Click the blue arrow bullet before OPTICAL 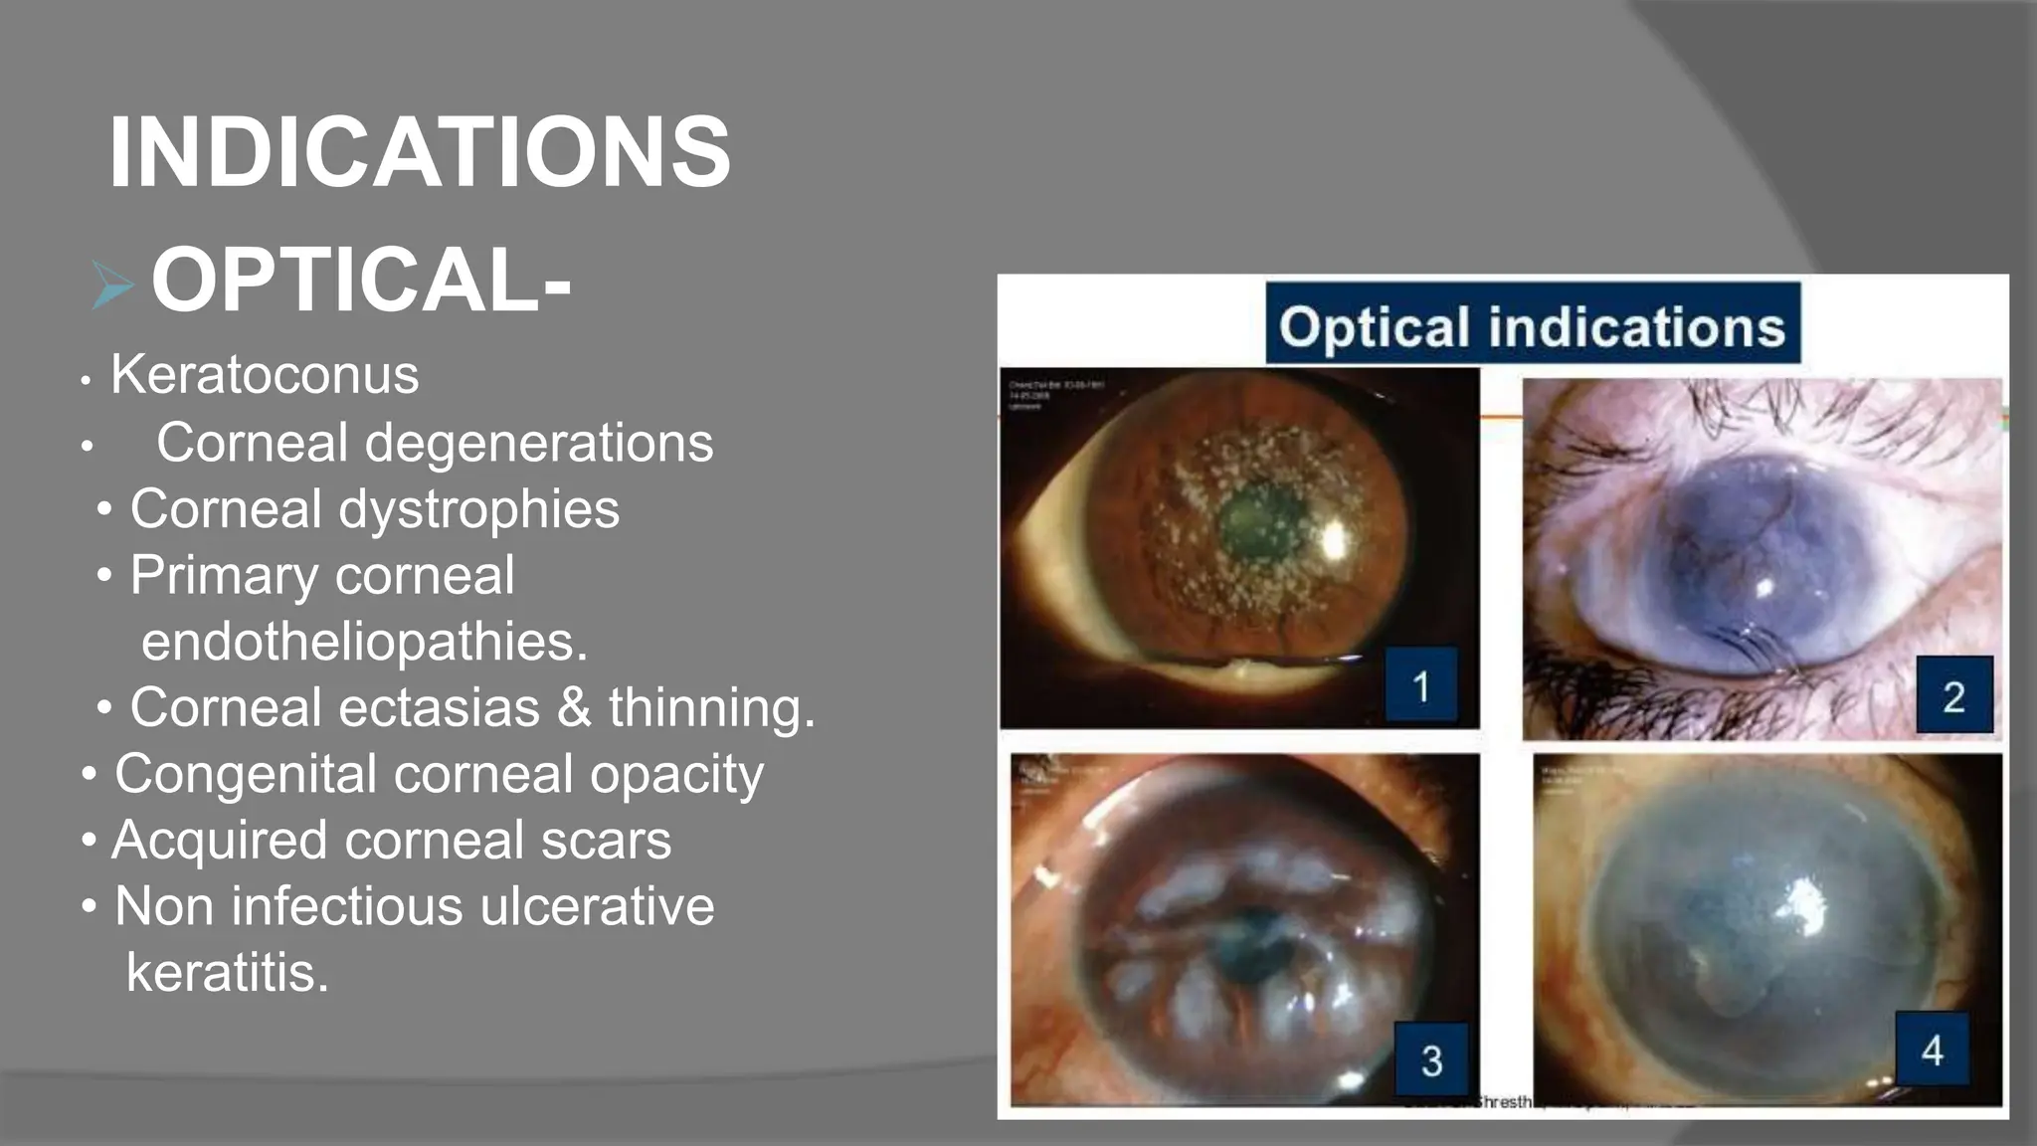[111, 285]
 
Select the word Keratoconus [264, 375]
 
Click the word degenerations [538, 443]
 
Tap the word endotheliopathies [364, 642]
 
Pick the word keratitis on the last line [227, 972]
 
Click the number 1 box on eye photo [1421, 685]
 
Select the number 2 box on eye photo [1953, 695]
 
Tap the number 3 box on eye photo [1431, 1060]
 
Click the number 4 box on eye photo [1932, 1050]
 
